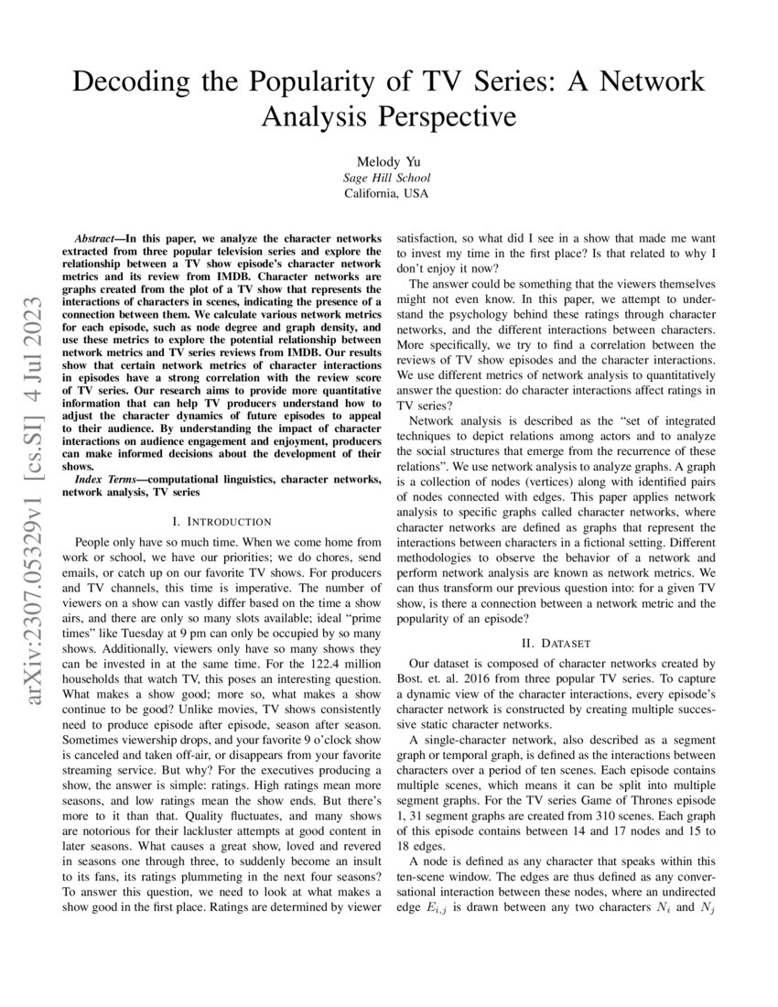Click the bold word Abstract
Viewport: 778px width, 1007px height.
(98, 236)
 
